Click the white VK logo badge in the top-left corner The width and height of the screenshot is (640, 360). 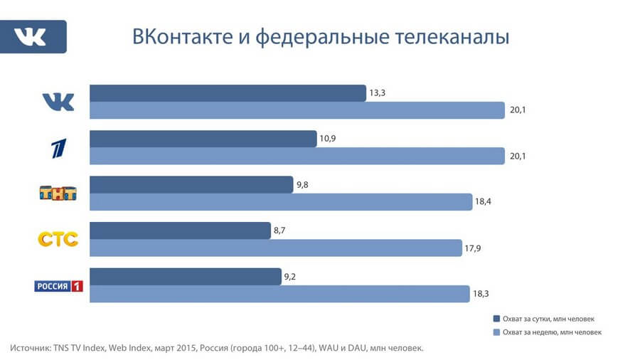tap(33, 36)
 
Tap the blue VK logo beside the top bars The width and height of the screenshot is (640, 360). tap(58, 102)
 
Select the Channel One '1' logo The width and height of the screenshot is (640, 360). tap(58, 147)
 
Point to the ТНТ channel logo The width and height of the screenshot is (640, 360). tap(58, 193)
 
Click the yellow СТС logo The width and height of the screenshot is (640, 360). tap(58, 238)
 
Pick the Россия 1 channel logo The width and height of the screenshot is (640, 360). tap(59, 285)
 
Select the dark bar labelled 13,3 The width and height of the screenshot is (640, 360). tap(228, 93)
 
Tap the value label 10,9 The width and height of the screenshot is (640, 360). tap(329, 139)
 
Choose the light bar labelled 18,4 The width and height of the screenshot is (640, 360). tap(281, 202)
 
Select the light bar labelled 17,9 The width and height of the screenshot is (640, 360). tap(276, 248)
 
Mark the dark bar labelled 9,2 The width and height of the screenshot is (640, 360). tap(186, 276)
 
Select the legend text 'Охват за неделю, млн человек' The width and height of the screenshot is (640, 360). tap(551, 332)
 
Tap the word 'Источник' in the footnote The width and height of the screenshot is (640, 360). tap(31, 348)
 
